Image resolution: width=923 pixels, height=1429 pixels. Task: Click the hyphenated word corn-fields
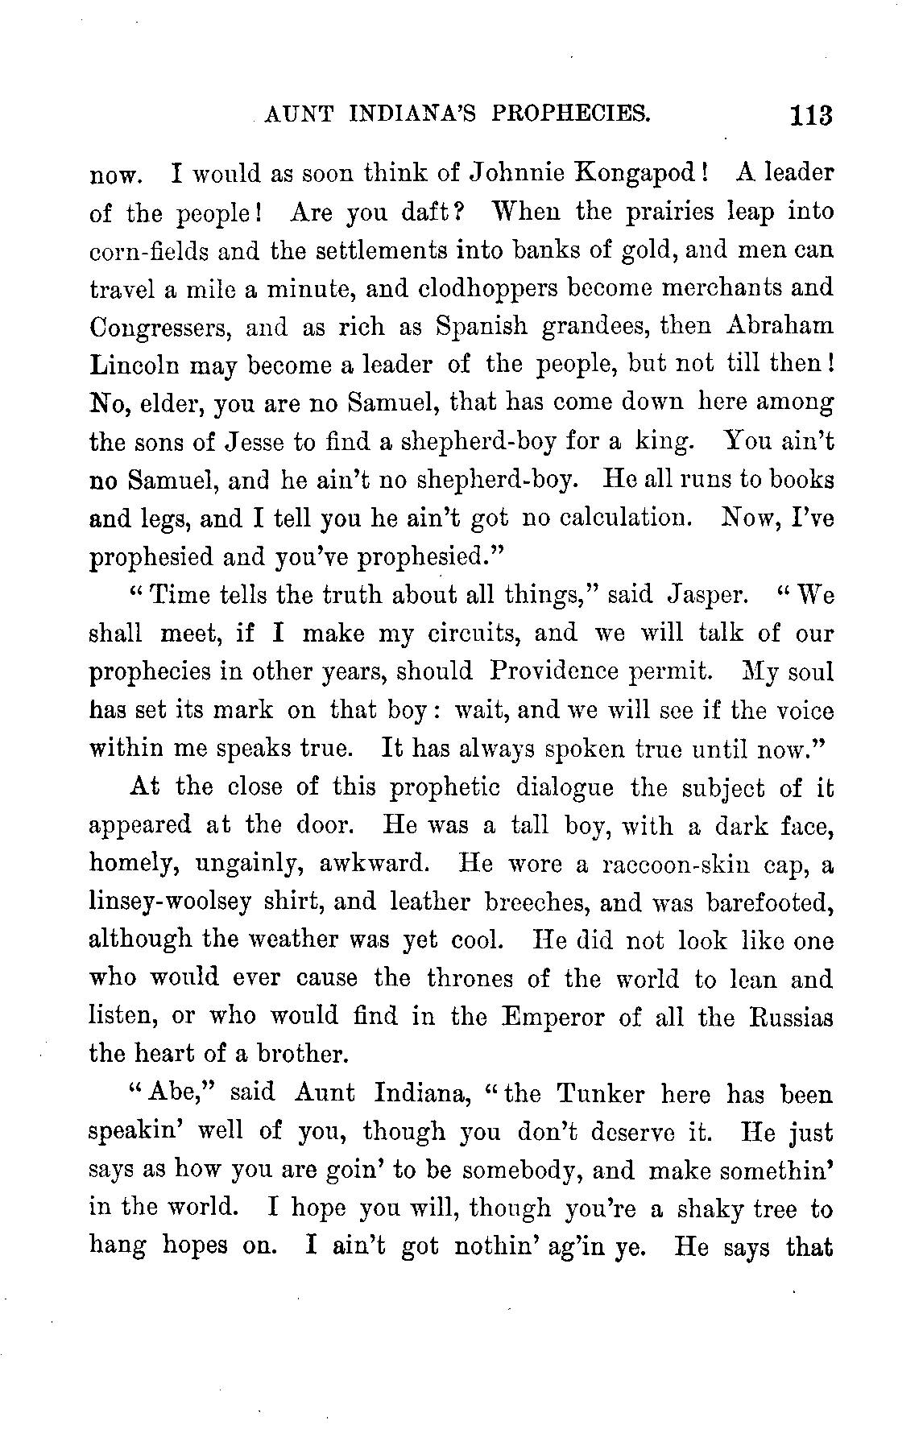click(150, 250)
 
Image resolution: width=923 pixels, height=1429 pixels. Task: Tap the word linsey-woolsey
click(170, 902)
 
